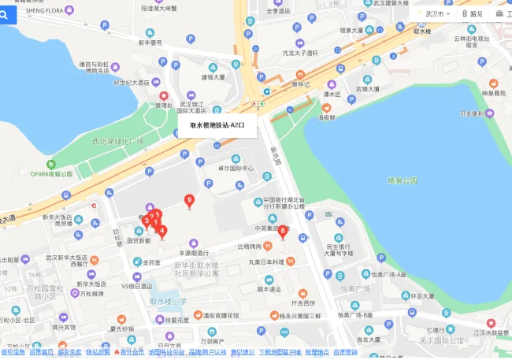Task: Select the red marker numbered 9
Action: click(x=188, y=200)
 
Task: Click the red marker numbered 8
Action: click(x=283, y=230)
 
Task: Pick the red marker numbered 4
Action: click(x=162, y=230)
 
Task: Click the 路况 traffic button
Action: click(x=473, y=13)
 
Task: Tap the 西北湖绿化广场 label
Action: click(x=117, y=142)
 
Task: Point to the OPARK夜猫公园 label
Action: click(x=50, y=174)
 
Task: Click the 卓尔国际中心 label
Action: click(x=236, y=169)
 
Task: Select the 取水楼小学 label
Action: click(x=169, y=300)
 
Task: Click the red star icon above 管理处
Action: click(x=164, y=96)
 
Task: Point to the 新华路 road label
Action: click(x=275, y=155)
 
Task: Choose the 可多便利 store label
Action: click(x=477, y=113)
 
